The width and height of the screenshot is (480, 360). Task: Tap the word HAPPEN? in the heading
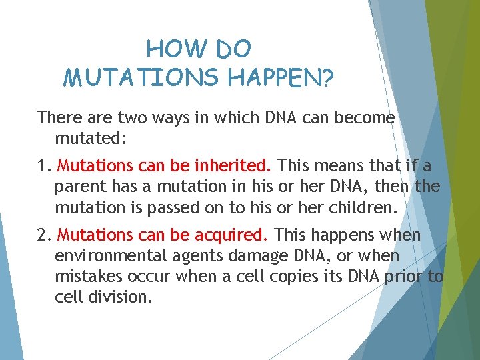click(x=281, y=77)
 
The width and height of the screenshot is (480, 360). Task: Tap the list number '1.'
click(x=44, y=165)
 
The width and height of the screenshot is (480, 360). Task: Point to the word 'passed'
click(x=188, y=207)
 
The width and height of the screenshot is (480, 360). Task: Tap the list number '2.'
click(x=45, y=235)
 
